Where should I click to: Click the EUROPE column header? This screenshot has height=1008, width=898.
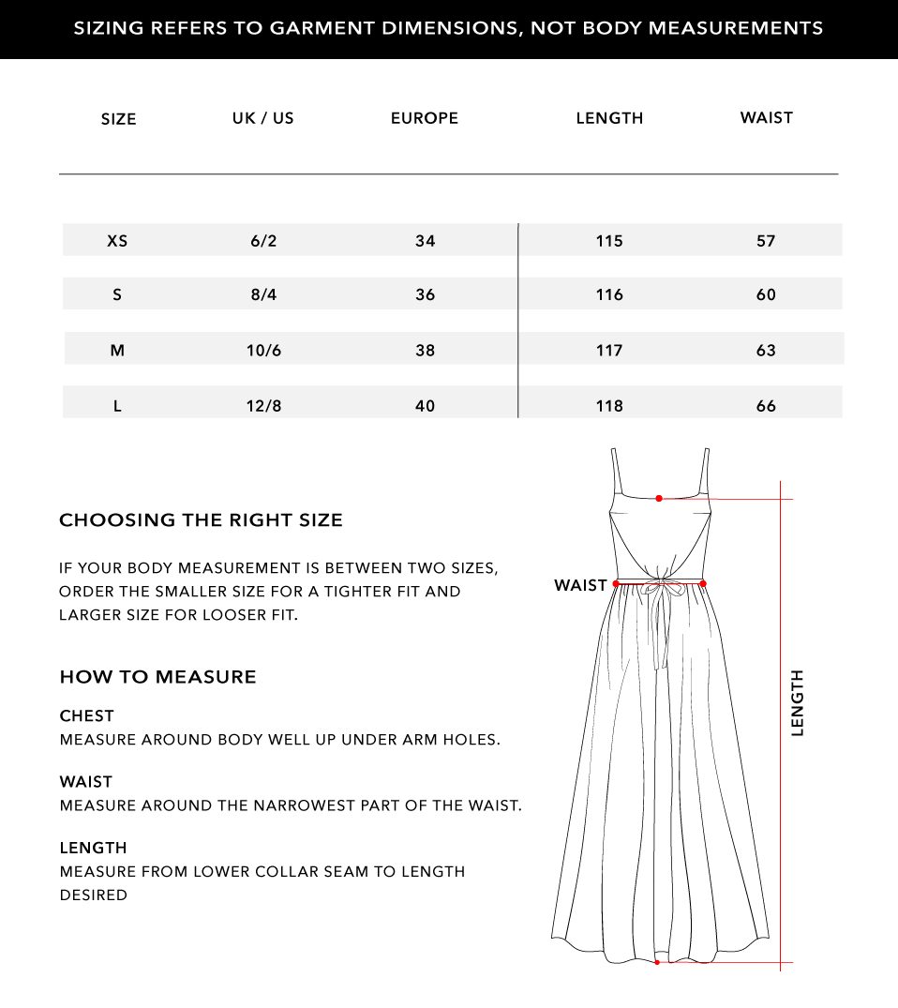[424, 118]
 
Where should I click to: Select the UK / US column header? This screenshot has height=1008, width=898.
[263, 118]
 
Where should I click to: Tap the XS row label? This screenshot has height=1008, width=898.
[117, 241]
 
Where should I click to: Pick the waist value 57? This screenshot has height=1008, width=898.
[766, 241]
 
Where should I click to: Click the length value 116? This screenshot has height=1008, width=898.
[609, 294]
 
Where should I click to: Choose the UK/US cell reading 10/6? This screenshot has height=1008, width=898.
[263, 350]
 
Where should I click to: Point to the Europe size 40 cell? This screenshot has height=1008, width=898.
[425, 406]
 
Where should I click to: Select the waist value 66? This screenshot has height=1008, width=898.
[766, 406]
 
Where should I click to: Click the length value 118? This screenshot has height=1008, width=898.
[609, 406]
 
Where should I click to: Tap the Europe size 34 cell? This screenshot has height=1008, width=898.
[425, 241]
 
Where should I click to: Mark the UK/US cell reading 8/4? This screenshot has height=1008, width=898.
[263, 294]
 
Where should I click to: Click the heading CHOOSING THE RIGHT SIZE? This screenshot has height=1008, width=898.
[201, 520]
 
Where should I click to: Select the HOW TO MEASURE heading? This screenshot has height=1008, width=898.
[157, 677]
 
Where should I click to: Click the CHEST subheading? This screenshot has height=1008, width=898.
[86, 716]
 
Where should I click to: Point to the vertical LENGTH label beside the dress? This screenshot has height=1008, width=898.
[798, 702]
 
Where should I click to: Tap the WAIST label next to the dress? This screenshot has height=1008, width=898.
[580, 585]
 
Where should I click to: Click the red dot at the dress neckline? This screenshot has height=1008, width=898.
[659, 498]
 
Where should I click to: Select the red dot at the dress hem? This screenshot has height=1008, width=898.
[657, 961]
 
